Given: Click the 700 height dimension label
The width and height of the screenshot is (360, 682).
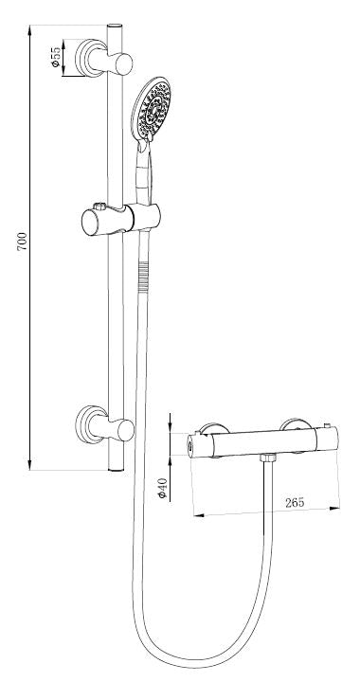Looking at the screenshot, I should [x=22, y=242].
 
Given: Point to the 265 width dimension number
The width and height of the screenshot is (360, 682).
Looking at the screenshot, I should [x=294, y=503].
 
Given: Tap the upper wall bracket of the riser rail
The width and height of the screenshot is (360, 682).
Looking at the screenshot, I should [x=98, y=61].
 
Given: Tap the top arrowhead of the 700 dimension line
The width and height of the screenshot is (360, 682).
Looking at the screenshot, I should [x=31, y=20].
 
